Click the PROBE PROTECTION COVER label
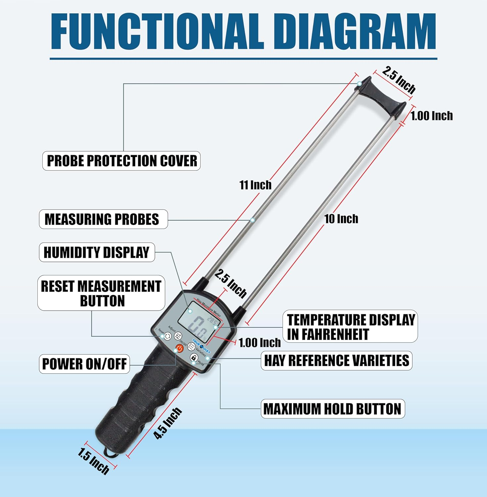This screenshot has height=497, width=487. point(122,161)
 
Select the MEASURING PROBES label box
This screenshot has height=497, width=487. point(103,219)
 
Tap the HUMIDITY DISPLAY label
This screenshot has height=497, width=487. point(97,252)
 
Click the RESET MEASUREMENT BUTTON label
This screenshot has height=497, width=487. point(101,293)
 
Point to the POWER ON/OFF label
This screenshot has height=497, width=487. point(84,364)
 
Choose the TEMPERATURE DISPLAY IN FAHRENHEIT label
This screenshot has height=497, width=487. point(350,327)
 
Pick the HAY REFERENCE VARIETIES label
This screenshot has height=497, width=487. point(336,360)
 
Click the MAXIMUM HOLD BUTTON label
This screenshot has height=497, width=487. point(333,409)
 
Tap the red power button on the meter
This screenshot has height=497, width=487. point(179,349)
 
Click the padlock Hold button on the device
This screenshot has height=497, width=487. point(194,358)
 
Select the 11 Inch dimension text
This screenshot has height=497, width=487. point(255,185)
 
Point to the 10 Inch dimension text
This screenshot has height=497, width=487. point(341,219)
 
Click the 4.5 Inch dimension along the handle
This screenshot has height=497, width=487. point(168,424)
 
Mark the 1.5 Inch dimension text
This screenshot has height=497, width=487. point(94,461)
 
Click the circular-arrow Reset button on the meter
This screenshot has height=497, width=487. point(168,336)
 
